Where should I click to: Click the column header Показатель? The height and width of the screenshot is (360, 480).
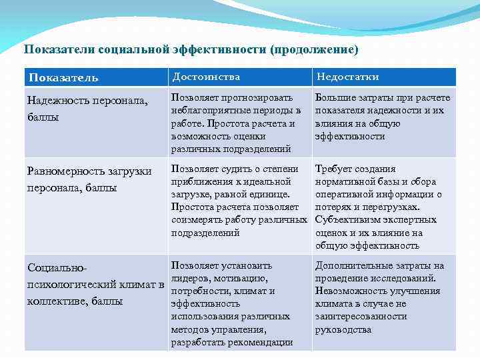tap(63, 77)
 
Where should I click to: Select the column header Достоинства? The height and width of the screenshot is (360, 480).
tap(206, 77)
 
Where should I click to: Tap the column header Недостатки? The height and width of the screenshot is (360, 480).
tap(348, 77)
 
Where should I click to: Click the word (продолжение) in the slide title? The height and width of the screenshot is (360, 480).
tap(314, 49)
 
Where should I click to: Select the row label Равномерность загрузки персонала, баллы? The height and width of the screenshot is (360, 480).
tap(89, 180)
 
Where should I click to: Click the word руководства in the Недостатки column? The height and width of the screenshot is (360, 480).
tap(343, 329)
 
